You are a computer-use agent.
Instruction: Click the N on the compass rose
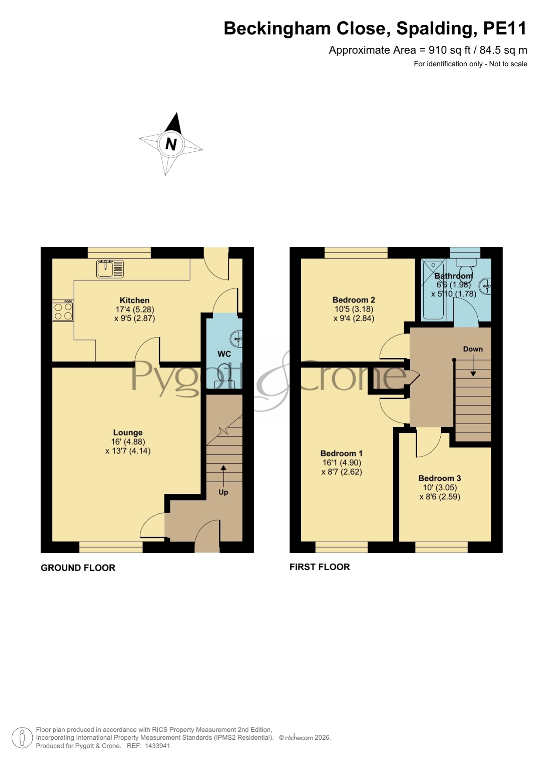(171, 144)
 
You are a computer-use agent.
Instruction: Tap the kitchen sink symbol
(110, 269)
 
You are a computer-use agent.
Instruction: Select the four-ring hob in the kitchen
(63, 311)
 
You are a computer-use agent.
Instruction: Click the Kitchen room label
(135, 300)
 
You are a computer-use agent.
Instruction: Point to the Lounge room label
(128, 432)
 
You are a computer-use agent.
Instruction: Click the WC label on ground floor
(224, 354)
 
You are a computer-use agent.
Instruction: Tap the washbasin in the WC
(236, 339)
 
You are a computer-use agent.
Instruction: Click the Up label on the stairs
(223, 492)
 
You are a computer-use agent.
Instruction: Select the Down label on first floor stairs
(473, 349)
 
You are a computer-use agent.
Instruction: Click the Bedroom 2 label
(354, 300)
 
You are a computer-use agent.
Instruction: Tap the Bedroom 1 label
(341, 453)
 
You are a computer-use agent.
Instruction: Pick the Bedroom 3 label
(439, 478)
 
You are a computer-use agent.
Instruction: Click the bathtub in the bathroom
(433, 289)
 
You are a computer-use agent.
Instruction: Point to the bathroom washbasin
(485, 287)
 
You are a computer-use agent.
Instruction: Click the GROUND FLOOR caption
(78, 568)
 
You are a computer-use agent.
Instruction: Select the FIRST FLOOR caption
(320, 567)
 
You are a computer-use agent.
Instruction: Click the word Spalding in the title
(434, 29)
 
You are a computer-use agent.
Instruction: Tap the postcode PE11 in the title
(505, 28)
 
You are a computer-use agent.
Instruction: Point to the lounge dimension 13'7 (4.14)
(128, 451)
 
